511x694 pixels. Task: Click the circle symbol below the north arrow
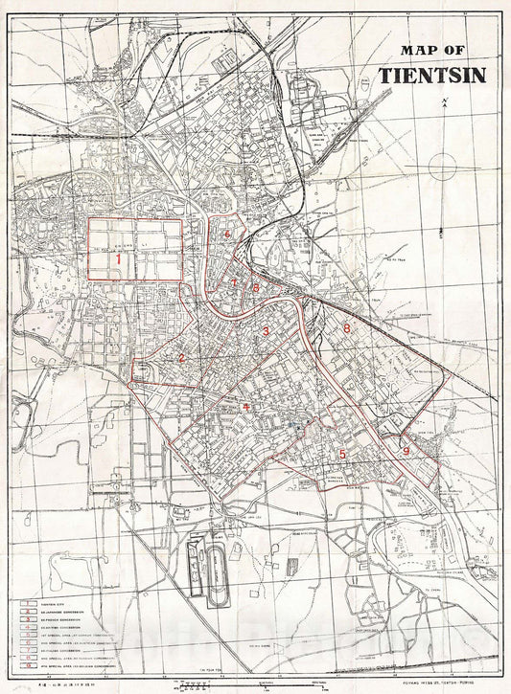click(x=442, y=166)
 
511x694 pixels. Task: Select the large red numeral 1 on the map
click(x=118, y=257)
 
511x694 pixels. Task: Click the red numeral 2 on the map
click(x=180, y=358)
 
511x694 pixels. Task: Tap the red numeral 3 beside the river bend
click(x=266, y=331)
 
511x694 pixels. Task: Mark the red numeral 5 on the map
click(x=341, y=454)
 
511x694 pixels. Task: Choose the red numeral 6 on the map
click(x=226, y=233)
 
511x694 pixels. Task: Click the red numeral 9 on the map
click(x=406, y=450)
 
